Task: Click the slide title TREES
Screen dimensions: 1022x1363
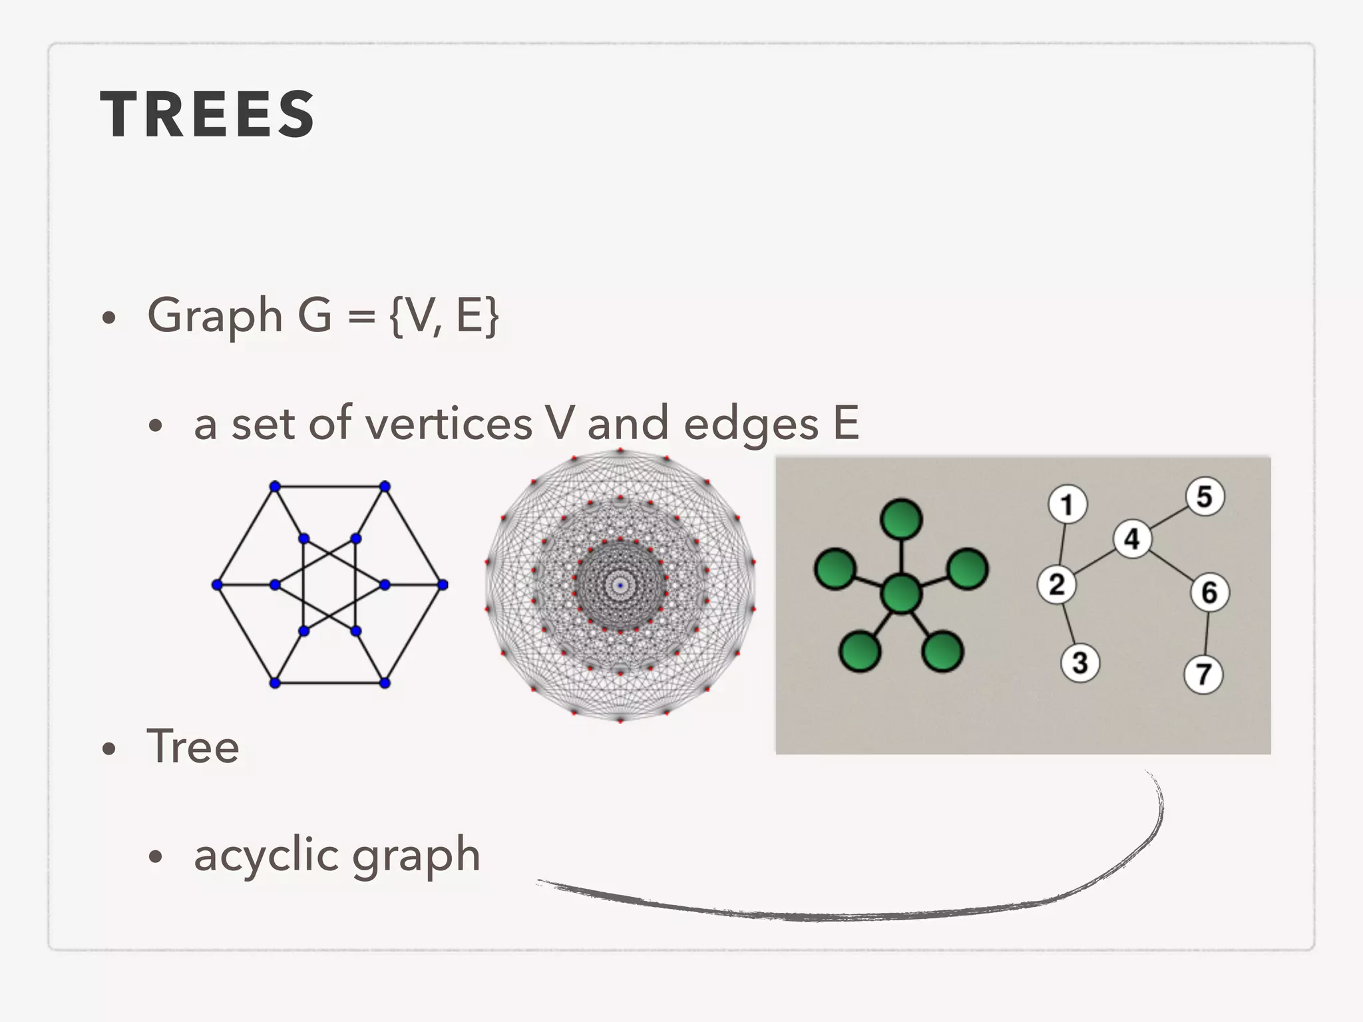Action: [x=207, y=114]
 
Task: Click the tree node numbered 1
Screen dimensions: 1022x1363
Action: [x=1068, y=504]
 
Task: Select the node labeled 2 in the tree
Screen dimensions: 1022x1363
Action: [x=1056, y=585]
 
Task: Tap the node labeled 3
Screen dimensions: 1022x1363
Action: [x=1079, y=662]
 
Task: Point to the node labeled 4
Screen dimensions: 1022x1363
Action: [x=1132, y=538]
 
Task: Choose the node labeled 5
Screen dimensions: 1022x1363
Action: [x=1205, y=496]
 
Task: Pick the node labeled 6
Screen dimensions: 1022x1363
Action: [x=1209, y=592]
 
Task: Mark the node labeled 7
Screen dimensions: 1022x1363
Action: [x=1203, y=675]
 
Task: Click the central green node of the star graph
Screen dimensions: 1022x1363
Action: [x=901, y=594]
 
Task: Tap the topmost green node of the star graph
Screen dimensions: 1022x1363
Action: [x=901, y=519]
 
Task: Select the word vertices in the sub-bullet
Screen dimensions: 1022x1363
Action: [x=449, y=424]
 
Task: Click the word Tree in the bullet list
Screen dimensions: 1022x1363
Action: [x=193, y=746]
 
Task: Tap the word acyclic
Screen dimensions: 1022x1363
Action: [x=266, y=855]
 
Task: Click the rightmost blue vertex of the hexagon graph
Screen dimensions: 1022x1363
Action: [x=443, y=585]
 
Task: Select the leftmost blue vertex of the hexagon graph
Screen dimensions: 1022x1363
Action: [x=216, y=585]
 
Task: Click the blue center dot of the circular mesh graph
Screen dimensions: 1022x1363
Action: [x=620, y=586]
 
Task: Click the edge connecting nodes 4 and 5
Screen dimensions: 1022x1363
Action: [x=1169, y=517]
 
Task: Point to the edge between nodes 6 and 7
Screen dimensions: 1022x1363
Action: [x=1207, y=633]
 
